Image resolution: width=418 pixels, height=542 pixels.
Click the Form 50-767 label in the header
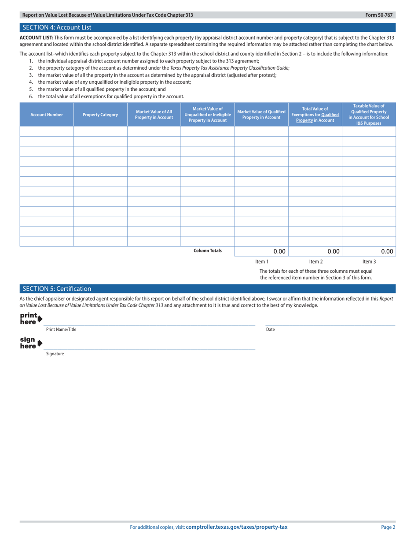(381, 15)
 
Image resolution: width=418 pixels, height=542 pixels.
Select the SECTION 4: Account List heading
(57, 27)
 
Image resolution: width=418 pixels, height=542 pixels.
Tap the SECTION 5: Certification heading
(57, 289)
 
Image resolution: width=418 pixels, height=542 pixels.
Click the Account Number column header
(47, 115)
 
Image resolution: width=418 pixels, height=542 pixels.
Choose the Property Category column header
(100, 115)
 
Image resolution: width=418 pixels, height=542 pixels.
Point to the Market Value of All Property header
(154, 115)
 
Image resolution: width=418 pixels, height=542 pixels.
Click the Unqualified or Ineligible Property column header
(208, 115)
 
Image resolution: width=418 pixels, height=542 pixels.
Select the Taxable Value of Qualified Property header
(369, 115)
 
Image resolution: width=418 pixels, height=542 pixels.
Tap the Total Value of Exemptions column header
(315, 115)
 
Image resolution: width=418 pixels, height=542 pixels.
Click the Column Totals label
(208, 251)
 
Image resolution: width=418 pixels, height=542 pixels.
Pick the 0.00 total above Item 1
(279, 252)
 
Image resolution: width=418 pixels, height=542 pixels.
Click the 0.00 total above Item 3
(387, 252)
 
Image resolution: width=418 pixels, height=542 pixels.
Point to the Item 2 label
(316, 262)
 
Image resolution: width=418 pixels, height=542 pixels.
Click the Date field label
(270, 329)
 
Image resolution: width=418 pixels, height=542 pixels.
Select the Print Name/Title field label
(61, 329)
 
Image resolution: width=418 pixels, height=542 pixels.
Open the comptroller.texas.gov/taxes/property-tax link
(237, 527)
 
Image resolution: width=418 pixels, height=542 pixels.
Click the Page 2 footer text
(388, 527)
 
